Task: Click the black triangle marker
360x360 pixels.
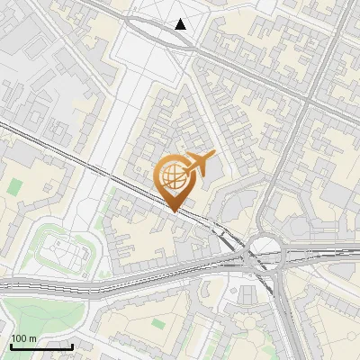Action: (181, 24)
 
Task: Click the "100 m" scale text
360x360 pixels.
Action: (23, 338)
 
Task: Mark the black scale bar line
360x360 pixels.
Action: (40, 346)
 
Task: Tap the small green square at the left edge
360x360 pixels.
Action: (15, 187)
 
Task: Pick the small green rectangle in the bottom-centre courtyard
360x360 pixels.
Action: (158, 323)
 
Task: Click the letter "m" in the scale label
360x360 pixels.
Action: (31, 338)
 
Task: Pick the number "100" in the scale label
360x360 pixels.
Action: (19, 338)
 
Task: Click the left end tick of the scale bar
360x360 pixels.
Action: (10, 346)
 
